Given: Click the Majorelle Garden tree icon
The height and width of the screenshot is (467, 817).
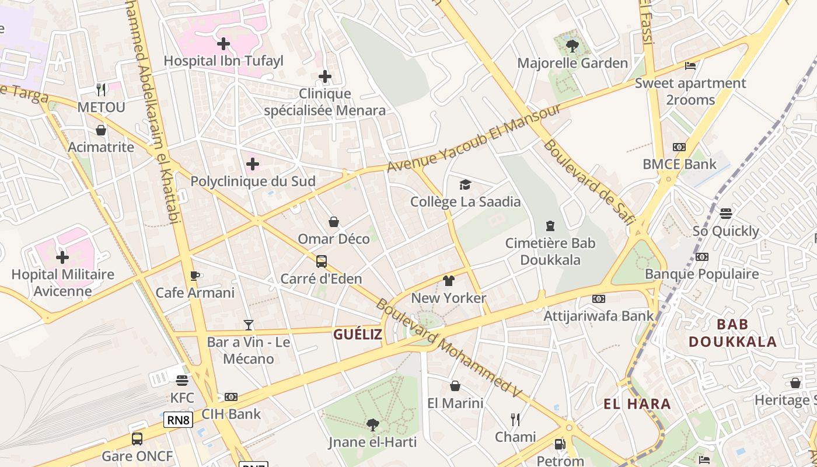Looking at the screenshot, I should tap(572, 45).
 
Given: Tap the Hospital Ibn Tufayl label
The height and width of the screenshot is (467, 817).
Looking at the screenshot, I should tap(223, 61).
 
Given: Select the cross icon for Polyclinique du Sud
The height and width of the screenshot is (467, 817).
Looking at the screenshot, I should tap(253, 164).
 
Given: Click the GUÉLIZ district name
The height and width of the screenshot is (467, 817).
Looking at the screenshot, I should tap(358, 334).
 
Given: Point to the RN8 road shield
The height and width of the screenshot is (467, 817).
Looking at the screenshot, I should tap(178, 420).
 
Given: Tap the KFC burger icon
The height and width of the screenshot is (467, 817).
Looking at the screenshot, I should tap(182, 381).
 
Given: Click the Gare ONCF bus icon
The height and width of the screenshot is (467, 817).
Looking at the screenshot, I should tap(137, 438).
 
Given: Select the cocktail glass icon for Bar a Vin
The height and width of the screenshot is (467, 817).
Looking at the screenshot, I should tap(249, 325).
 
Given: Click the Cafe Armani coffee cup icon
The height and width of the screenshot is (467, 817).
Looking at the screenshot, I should tap(195, 276).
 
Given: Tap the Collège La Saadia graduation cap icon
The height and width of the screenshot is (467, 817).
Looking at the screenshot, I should tap(465, 185).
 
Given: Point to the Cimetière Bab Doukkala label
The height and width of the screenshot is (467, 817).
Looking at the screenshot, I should tap(550, 251).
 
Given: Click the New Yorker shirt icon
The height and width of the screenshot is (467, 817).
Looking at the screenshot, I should tap(448, 281).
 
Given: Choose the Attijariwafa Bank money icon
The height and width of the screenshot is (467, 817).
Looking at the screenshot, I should tap(599, 299).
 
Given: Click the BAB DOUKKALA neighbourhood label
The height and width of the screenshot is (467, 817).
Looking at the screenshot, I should tap(732, 333).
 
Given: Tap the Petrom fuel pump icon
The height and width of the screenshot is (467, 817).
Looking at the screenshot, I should tap(560, 444).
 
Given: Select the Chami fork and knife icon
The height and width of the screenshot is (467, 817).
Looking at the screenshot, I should tap(515, 419).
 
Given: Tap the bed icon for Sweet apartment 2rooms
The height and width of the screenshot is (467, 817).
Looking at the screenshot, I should tap(690, 66).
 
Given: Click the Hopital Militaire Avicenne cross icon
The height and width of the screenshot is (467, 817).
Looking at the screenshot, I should tap(62, 257).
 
